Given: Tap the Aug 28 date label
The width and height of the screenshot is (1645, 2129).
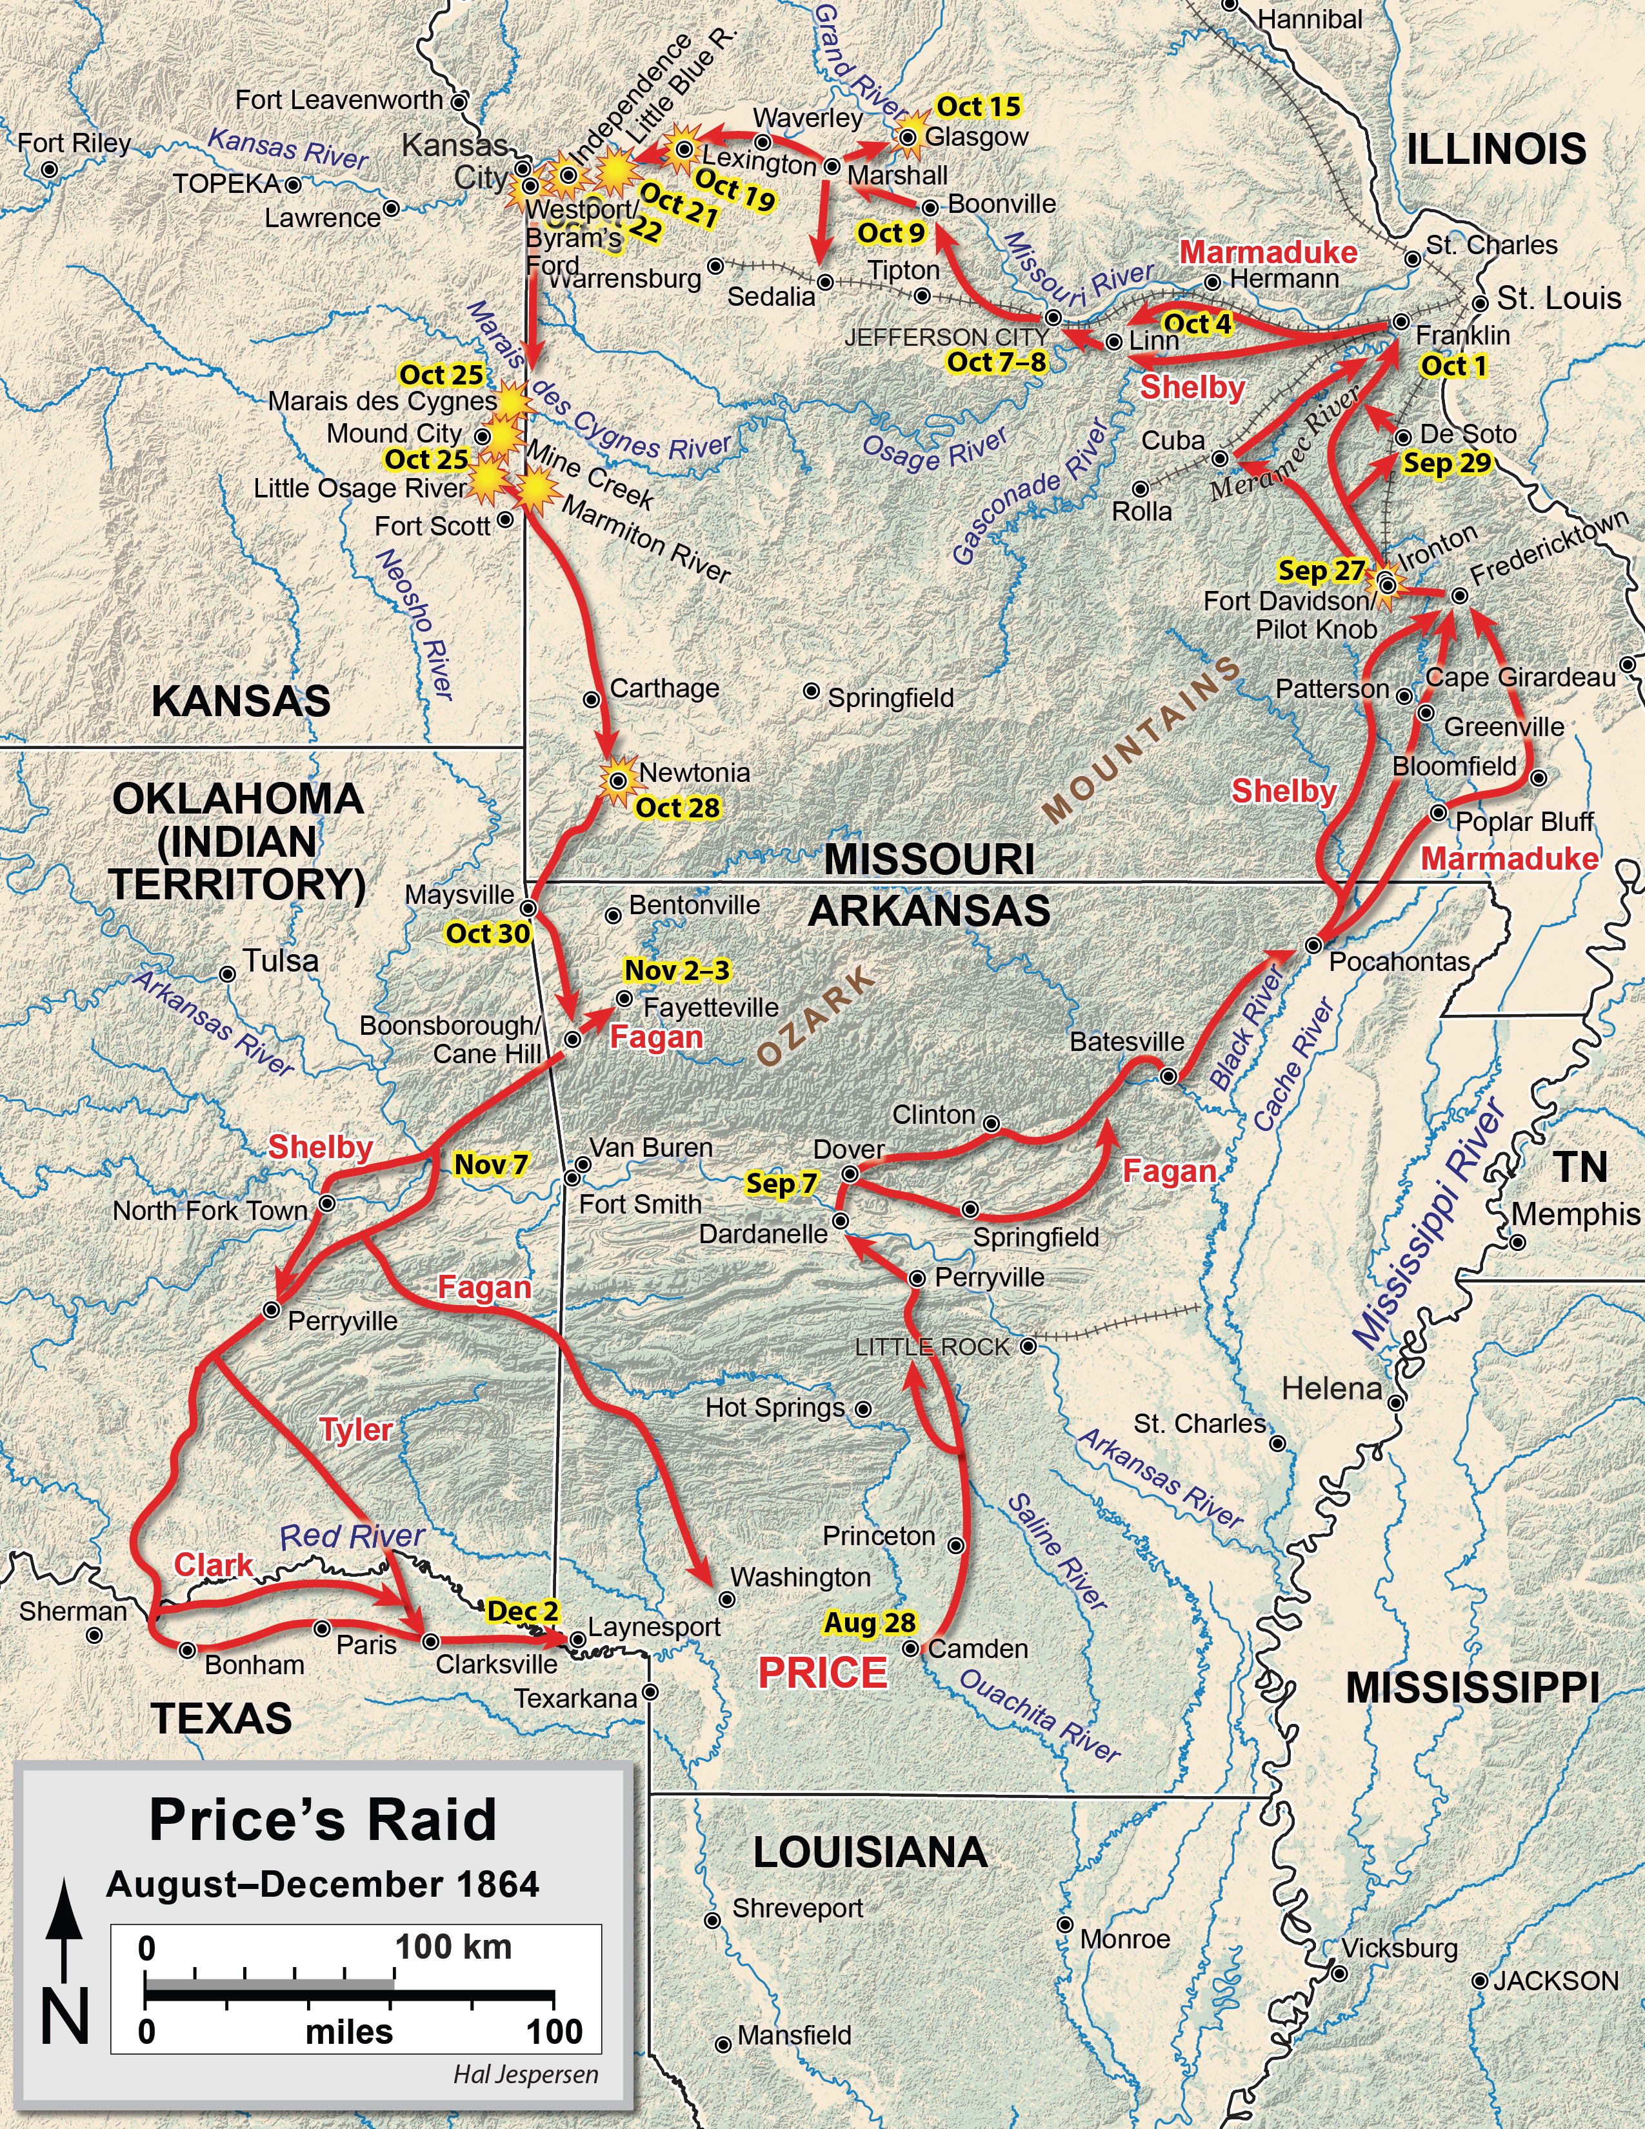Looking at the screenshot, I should [870, 1623].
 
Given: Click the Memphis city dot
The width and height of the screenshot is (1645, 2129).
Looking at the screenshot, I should [1517, 1243].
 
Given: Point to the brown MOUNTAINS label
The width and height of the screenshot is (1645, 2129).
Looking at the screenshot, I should [1142, 739].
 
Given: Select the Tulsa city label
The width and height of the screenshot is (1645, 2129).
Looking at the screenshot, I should [281, 961].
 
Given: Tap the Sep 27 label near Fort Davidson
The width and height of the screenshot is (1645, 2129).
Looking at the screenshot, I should [1321, 570].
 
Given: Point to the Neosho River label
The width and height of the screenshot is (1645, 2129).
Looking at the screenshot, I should [415, 624].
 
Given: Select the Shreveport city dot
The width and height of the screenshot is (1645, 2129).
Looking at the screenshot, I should [712, 1921].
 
